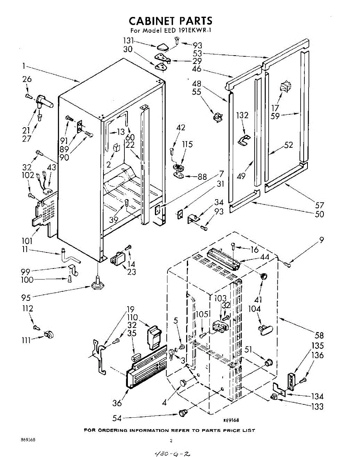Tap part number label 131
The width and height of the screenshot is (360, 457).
click(128, 41)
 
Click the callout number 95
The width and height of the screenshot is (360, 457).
click(26, 298)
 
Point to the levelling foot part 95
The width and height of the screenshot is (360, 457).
click(97, 283)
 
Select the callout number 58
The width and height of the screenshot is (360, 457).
click(319, 335)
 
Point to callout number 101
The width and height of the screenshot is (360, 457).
click(27, 241)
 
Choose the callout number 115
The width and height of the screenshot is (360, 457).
click(187, 144)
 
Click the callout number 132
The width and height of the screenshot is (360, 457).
click(242, 115)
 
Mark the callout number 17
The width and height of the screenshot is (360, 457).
click(275, 108)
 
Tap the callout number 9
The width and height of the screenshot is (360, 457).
click(322, 240)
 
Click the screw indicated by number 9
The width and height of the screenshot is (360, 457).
click(287, 264)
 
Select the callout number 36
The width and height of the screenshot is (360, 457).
click(117, 403)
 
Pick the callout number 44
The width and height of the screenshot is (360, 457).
click(264, 257)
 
